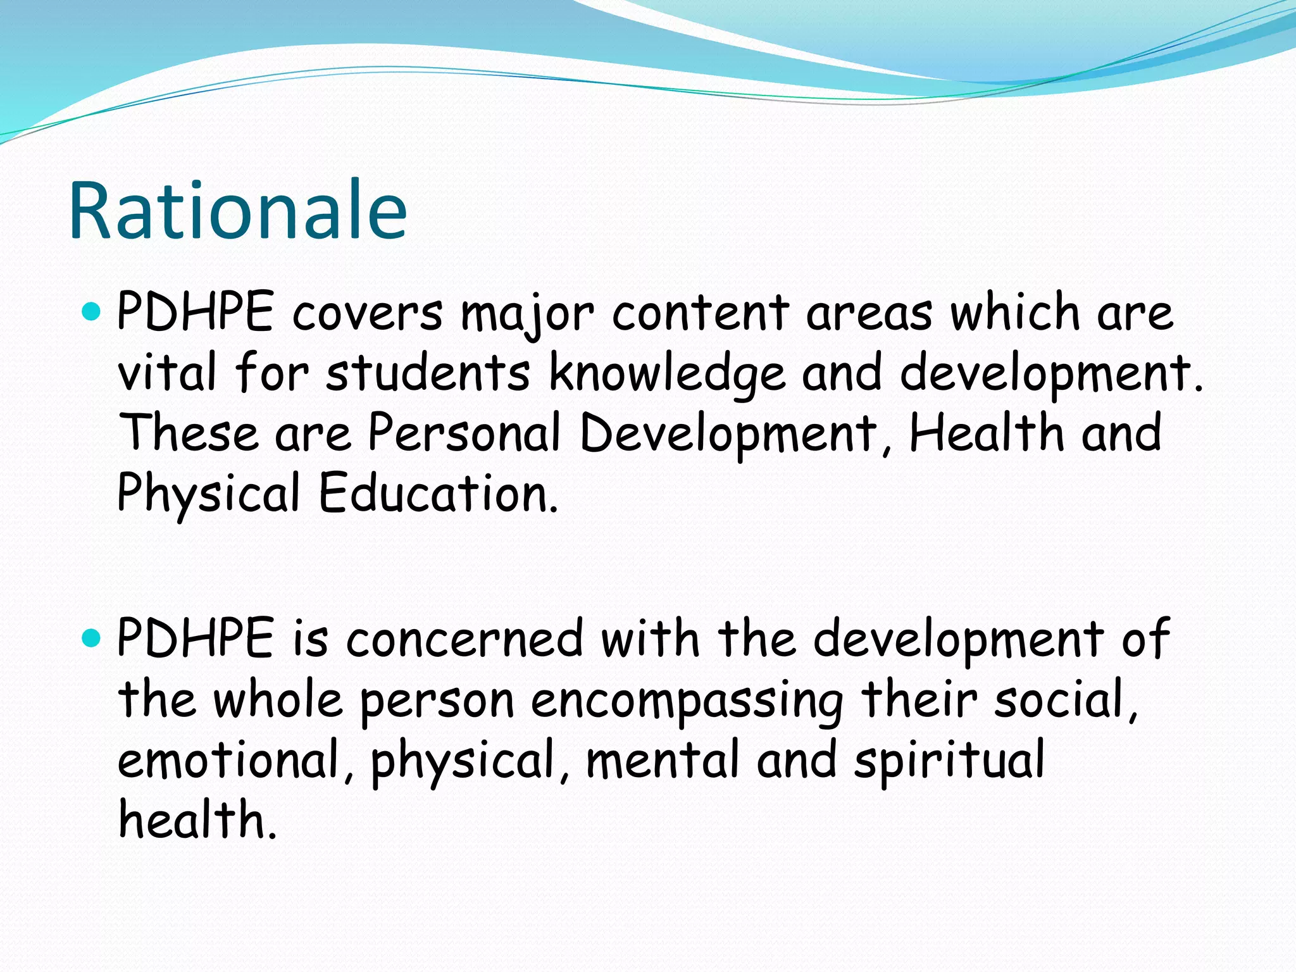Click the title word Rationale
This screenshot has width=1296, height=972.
(237, 211)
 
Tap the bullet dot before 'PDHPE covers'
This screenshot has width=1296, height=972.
(92, 311)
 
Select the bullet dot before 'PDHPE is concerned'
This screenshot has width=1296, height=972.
(92, 638)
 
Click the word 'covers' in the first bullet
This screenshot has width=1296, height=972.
(367, 313)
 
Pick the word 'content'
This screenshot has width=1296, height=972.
(700, 313)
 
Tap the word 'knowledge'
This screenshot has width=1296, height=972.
(667, 373)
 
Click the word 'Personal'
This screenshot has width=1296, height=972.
(464, 433)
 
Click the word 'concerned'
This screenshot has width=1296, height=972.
(464, 639)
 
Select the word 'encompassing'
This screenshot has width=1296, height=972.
(687, 701)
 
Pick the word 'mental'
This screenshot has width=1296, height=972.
(662, 759)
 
